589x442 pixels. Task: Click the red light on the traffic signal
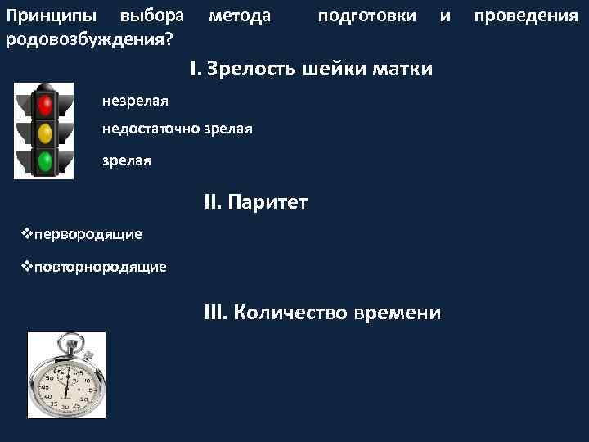tap(44, 103)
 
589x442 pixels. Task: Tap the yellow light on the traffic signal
tap(44, 131)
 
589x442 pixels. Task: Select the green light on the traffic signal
tap(44, 160)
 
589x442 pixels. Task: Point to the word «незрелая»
tap(135, 101)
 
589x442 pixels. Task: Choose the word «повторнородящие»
tap(100, 267)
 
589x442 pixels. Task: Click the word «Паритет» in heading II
tap(268, 201)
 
